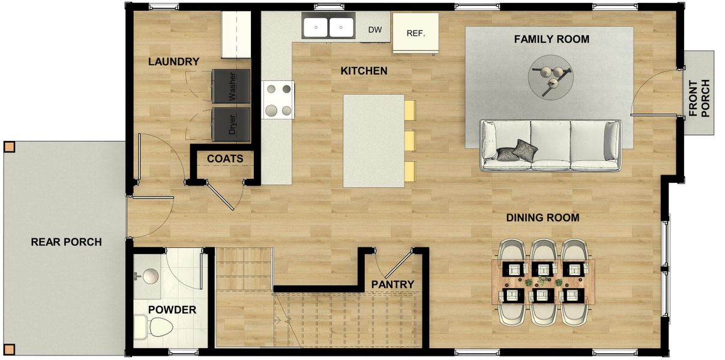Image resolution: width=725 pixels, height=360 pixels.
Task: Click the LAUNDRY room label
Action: (x=173, y=62)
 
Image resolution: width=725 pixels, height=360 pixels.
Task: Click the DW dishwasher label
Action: (x=375, y=29)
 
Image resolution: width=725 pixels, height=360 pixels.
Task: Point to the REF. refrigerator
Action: (x=415, y=33)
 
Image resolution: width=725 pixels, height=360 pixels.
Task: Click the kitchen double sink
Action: (x=328, y=27)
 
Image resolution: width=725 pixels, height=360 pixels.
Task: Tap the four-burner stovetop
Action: (x=278, y=100)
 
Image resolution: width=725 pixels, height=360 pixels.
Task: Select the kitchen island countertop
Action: (x=373, y=140)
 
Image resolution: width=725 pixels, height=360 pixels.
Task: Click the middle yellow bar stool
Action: (x=410, y=141)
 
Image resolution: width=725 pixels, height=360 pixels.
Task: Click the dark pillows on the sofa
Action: (x=517, y=151)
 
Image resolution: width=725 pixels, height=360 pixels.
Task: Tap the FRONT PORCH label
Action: (x=699, y=98)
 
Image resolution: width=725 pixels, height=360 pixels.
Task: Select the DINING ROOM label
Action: (x=543, y=218)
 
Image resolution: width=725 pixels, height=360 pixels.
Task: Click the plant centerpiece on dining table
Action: (x=543, y=281)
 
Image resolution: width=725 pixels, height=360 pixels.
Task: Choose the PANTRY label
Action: (x=393, y=284)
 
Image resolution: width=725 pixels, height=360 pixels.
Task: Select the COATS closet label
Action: (x=225, y=159)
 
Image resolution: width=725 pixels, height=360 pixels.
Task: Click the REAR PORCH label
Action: (x=66, y=242)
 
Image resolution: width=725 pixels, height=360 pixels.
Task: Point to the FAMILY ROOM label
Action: (x=551, y=40)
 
